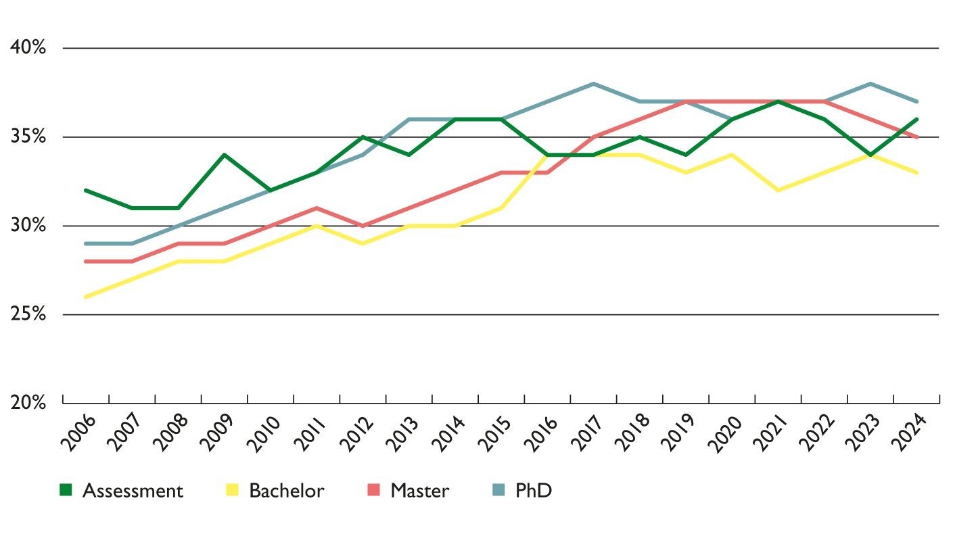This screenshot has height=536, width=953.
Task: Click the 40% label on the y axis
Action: click(x=27, y=48)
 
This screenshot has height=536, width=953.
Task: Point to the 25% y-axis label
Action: click(x=27, y=314)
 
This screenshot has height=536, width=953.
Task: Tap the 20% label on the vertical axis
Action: click(x=27, y=403)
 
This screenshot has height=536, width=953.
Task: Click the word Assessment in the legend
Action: click(x=133, y=491)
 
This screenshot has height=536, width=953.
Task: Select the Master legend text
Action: click(x=419, y=491)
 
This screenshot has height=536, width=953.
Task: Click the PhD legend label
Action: click(x=534, y=491)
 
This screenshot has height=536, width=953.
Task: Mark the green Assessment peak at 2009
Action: click(x=225, y=155)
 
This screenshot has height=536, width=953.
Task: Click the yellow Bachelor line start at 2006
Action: click(x=86, y=297)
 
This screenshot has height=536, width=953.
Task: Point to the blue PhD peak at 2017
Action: click(x=593, y=84)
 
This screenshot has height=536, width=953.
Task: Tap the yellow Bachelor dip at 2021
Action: click(x=778, y=191)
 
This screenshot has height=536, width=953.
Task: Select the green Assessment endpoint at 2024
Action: click(x=916, y=120)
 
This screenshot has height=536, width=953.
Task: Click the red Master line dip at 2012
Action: click(x=363, y=226)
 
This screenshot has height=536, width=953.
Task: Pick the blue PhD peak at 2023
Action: click(x=870, y=84)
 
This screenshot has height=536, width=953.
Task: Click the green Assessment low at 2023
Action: click(x=870, y=155)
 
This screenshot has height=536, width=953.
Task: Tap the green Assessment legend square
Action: click(x=66, y=490)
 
